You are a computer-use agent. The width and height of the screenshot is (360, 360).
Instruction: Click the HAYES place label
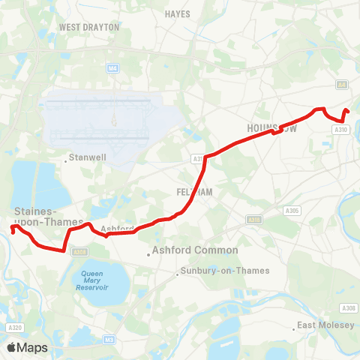point(178,13)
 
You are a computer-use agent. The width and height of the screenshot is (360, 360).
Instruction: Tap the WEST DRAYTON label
point(89,26)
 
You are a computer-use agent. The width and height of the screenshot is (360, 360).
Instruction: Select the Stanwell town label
point(88,157)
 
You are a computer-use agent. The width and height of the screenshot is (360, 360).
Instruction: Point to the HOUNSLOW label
point(272,127)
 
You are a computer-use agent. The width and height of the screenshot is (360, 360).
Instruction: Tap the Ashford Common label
point(195,250)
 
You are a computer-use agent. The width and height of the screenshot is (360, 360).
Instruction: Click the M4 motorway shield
point(112,68)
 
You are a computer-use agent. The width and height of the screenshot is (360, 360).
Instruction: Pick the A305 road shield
point(292,211)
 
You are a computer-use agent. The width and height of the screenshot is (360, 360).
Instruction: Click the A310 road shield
point(341,129)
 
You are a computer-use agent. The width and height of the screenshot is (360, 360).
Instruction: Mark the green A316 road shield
point(254,220)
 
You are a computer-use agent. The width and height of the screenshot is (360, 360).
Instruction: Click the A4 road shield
point(341,85)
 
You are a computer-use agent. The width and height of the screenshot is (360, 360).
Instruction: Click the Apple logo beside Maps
point(12,347)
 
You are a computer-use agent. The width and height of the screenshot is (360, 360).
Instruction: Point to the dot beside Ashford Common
point(148,253)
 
